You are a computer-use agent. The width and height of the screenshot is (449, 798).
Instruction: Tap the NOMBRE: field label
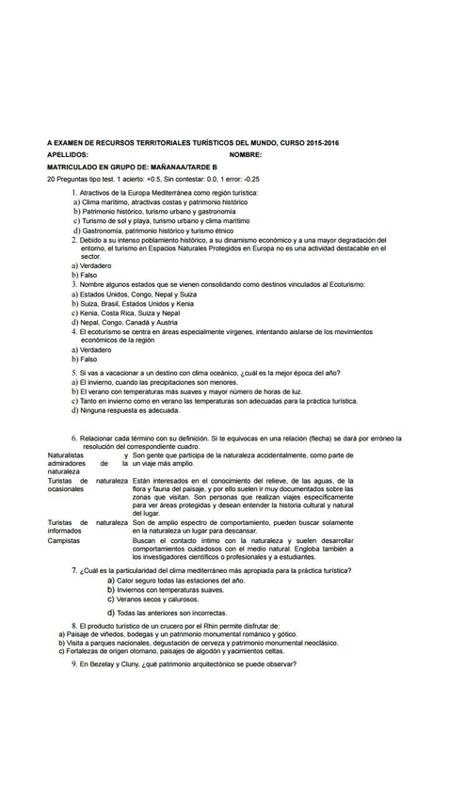coord(245,153)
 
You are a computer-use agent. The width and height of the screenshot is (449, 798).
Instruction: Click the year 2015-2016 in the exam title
coord(319,141)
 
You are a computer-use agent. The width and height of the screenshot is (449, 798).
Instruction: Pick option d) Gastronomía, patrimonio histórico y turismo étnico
coord(157,230)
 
